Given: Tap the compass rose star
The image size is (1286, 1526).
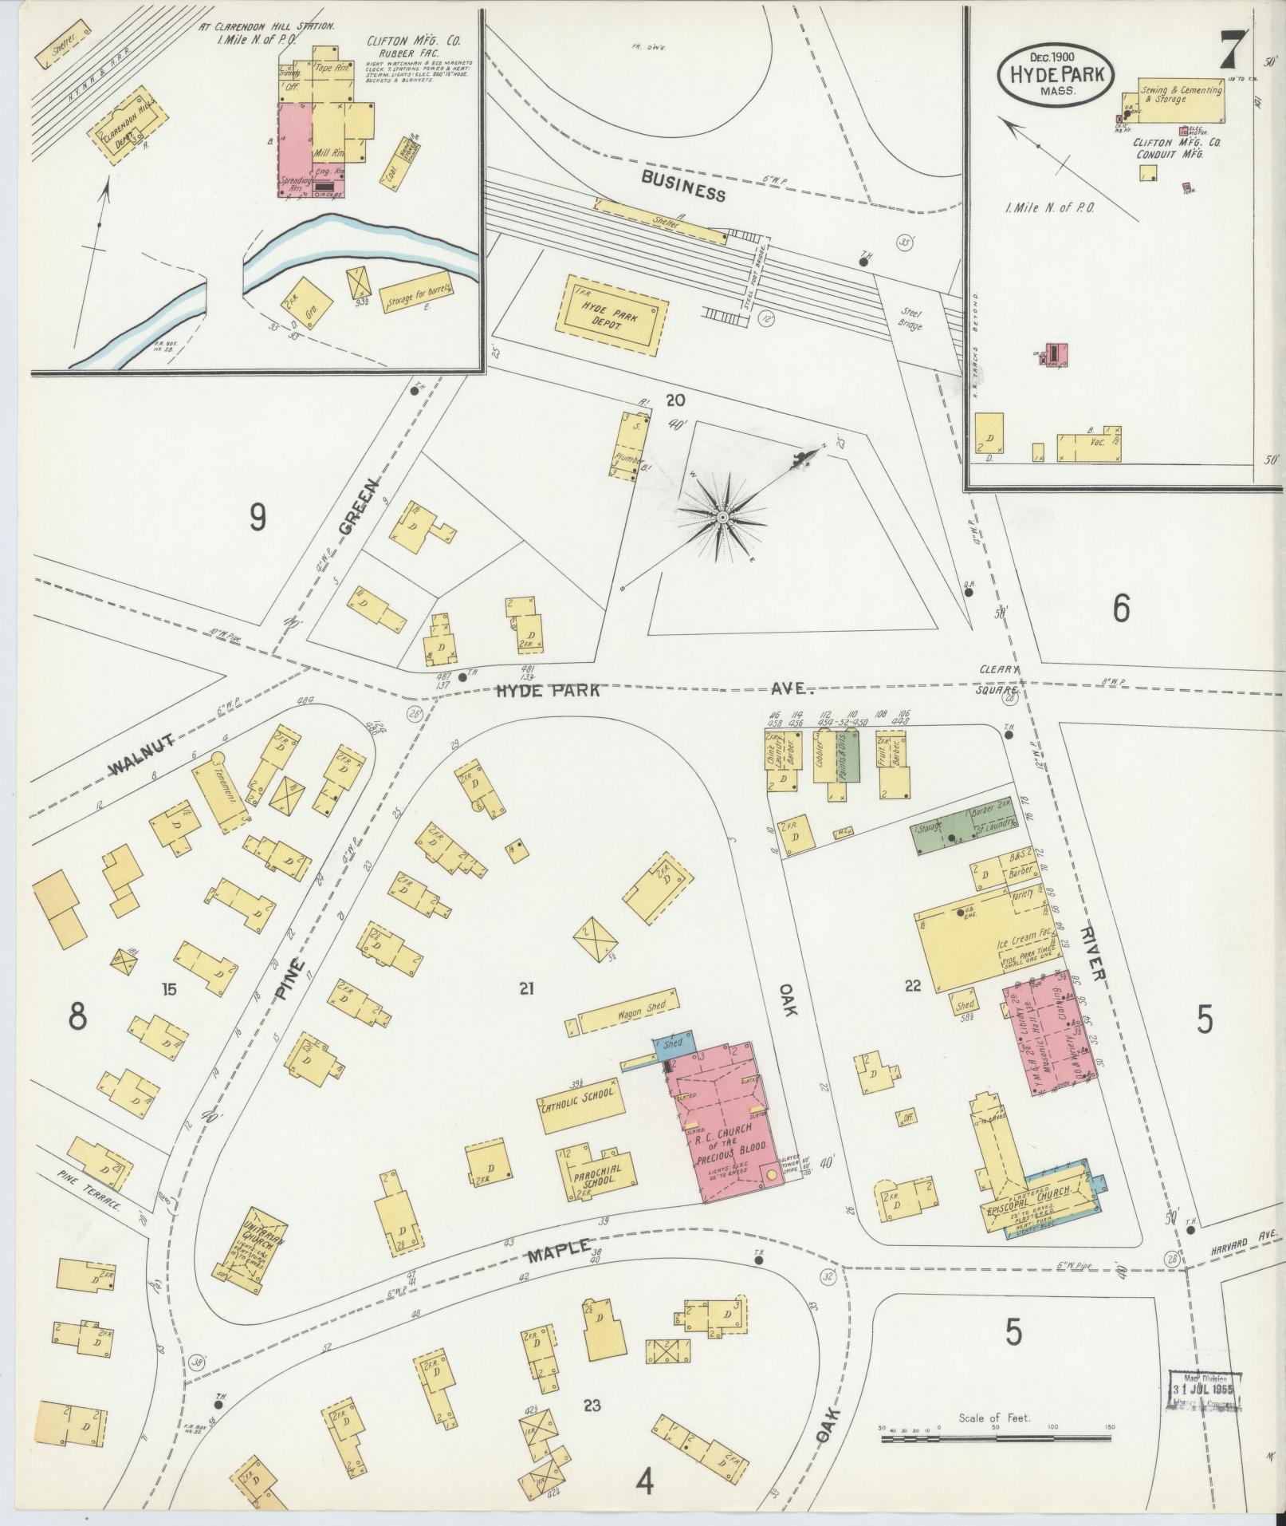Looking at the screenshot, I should pos(722,519).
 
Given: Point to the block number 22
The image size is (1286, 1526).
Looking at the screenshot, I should pos(912,986).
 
